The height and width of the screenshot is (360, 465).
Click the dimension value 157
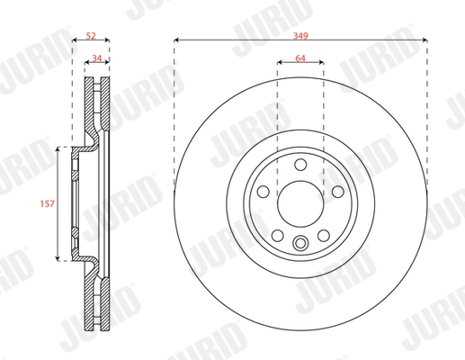tap(48, 204)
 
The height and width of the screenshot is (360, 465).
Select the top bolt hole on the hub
tap(300, 165)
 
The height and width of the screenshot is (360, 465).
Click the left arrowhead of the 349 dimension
tap(175, 40)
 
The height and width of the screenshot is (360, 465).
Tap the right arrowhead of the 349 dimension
tap(424, 40)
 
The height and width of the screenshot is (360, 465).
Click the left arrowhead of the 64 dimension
tap(279, 63)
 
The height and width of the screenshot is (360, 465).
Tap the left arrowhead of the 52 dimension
tap(73, 40)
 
